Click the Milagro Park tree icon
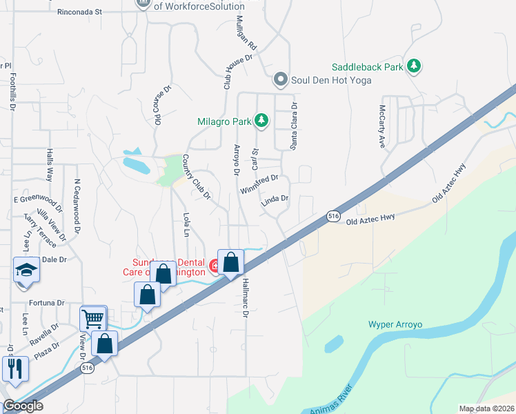(x=261, y=121)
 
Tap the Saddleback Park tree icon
(x=414, y=67)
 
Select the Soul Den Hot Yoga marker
(x=280, y=80)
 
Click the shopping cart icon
(x=93, y=319)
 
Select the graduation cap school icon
(x=26, y=269)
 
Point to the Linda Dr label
(x=275, y=200)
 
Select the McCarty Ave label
(x=381, y=126)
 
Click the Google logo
(x=23, y=406)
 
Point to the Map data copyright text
(x=486, y=408)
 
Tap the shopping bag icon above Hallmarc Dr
(x=231, y=262)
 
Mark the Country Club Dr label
(x=196, y=177)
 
